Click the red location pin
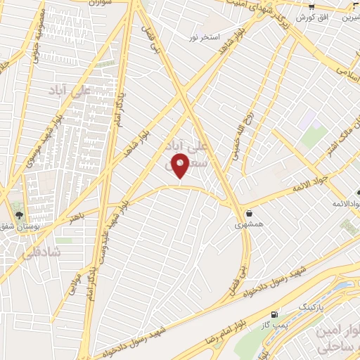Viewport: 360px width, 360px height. point(181,166)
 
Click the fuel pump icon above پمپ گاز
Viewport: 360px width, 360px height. point(273,314)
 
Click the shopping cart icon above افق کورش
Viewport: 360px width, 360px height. point(311,6)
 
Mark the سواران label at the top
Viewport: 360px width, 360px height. point(102,4)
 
